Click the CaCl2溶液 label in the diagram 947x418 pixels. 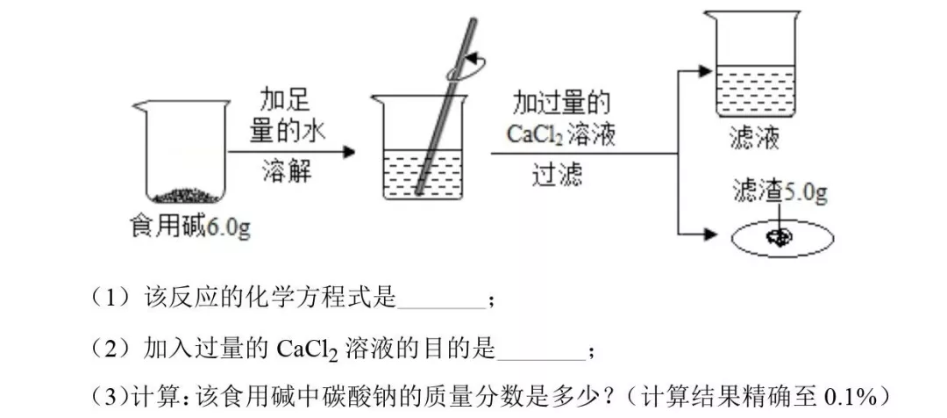click(x=562, y=134)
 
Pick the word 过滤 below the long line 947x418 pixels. click(x=558, y=175)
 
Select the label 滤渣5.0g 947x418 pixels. click(x=780, y=192)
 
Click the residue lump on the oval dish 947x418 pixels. click(x=778, y=235)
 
